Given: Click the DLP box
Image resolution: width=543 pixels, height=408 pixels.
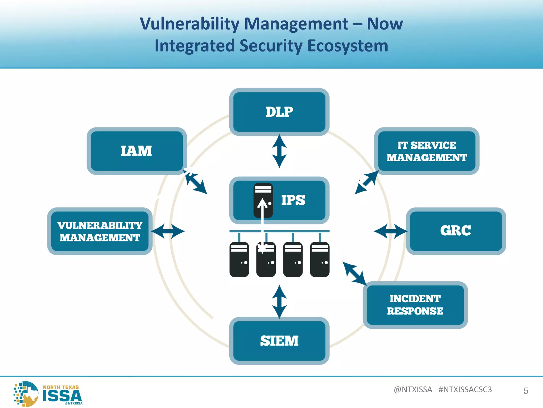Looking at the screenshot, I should point(279,112).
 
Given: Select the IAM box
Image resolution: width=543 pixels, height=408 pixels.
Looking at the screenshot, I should point(137,151).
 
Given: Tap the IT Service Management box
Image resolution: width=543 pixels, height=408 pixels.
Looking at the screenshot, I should point(427,151).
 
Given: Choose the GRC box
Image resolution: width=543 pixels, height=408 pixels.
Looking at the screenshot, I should point(456,231).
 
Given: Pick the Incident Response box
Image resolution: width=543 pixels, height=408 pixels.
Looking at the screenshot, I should point(415,305).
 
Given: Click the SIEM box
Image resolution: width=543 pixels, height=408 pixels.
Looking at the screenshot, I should point(279,341).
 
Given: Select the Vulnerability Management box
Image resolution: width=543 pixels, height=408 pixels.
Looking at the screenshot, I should point(100,231).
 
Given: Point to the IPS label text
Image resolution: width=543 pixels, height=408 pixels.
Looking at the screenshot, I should point(293,200).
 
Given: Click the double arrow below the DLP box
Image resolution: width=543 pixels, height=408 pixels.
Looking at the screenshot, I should point(279,151).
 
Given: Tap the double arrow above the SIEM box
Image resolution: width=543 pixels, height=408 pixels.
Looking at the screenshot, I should point(279,302).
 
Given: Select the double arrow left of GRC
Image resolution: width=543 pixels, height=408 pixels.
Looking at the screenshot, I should point(391,231).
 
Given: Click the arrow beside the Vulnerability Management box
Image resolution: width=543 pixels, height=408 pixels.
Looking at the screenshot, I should point(168,231).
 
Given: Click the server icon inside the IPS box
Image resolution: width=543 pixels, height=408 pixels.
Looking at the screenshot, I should point(263,200).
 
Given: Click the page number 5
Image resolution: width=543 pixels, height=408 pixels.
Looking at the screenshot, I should point(526,391).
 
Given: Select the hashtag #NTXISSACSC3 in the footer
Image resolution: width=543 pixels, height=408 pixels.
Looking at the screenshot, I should point(465,389).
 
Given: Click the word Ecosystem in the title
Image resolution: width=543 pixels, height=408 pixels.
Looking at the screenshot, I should point(348,46).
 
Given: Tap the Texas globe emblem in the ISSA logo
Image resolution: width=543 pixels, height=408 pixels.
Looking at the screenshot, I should point(27,394).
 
